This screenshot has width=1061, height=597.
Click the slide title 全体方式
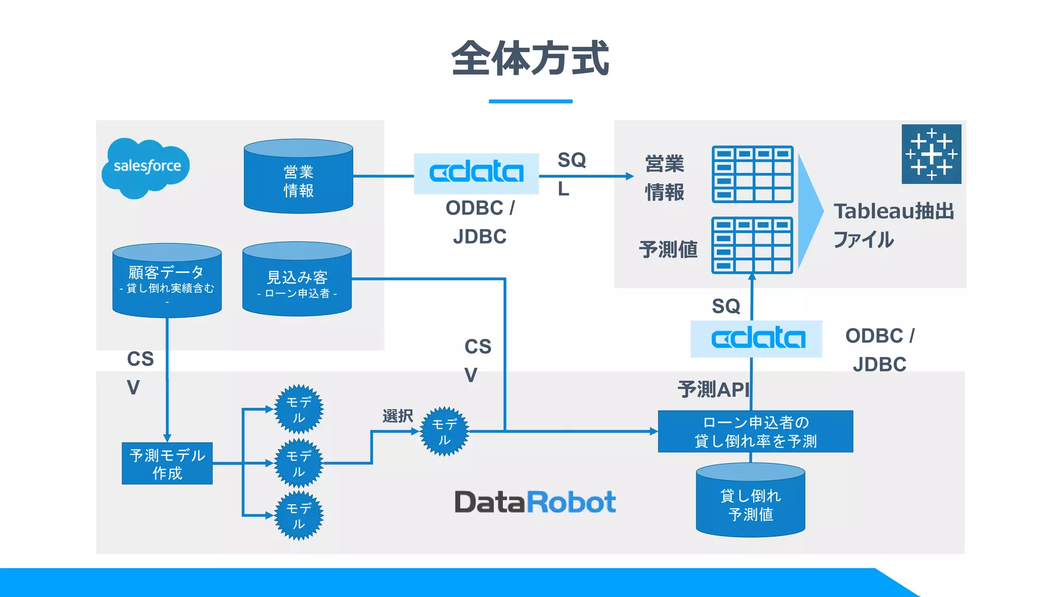(530, 59)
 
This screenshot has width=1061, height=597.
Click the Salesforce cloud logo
(146, 167)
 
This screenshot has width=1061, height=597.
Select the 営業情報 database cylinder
(298, 177)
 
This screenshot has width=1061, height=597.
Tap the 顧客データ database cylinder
(167, 281)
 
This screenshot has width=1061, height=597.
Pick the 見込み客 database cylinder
(297, 280)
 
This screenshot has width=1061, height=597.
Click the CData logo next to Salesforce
(476, 173)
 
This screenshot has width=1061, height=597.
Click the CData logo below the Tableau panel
(756, 339)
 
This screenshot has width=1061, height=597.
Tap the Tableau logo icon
(931, 154)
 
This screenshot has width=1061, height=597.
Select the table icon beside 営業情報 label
(752, 174)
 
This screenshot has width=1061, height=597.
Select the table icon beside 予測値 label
(752, 245)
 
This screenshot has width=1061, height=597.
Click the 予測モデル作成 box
(167, 463)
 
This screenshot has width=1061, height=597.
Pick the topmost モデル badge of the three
(298, 409)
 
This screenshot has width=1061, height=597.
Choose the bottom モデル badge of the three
(298, 516)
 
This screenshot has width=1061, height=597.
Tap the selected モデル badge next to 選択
(444, 431)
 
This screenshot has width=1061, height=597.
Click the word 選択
(397, 416)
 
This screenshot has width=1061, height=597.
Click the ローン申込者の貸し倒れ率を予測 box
(755, 431)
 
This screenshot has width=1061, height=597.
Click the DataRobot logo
(535, 502)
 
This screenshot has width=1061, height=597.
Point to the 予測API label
(713, 389)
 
